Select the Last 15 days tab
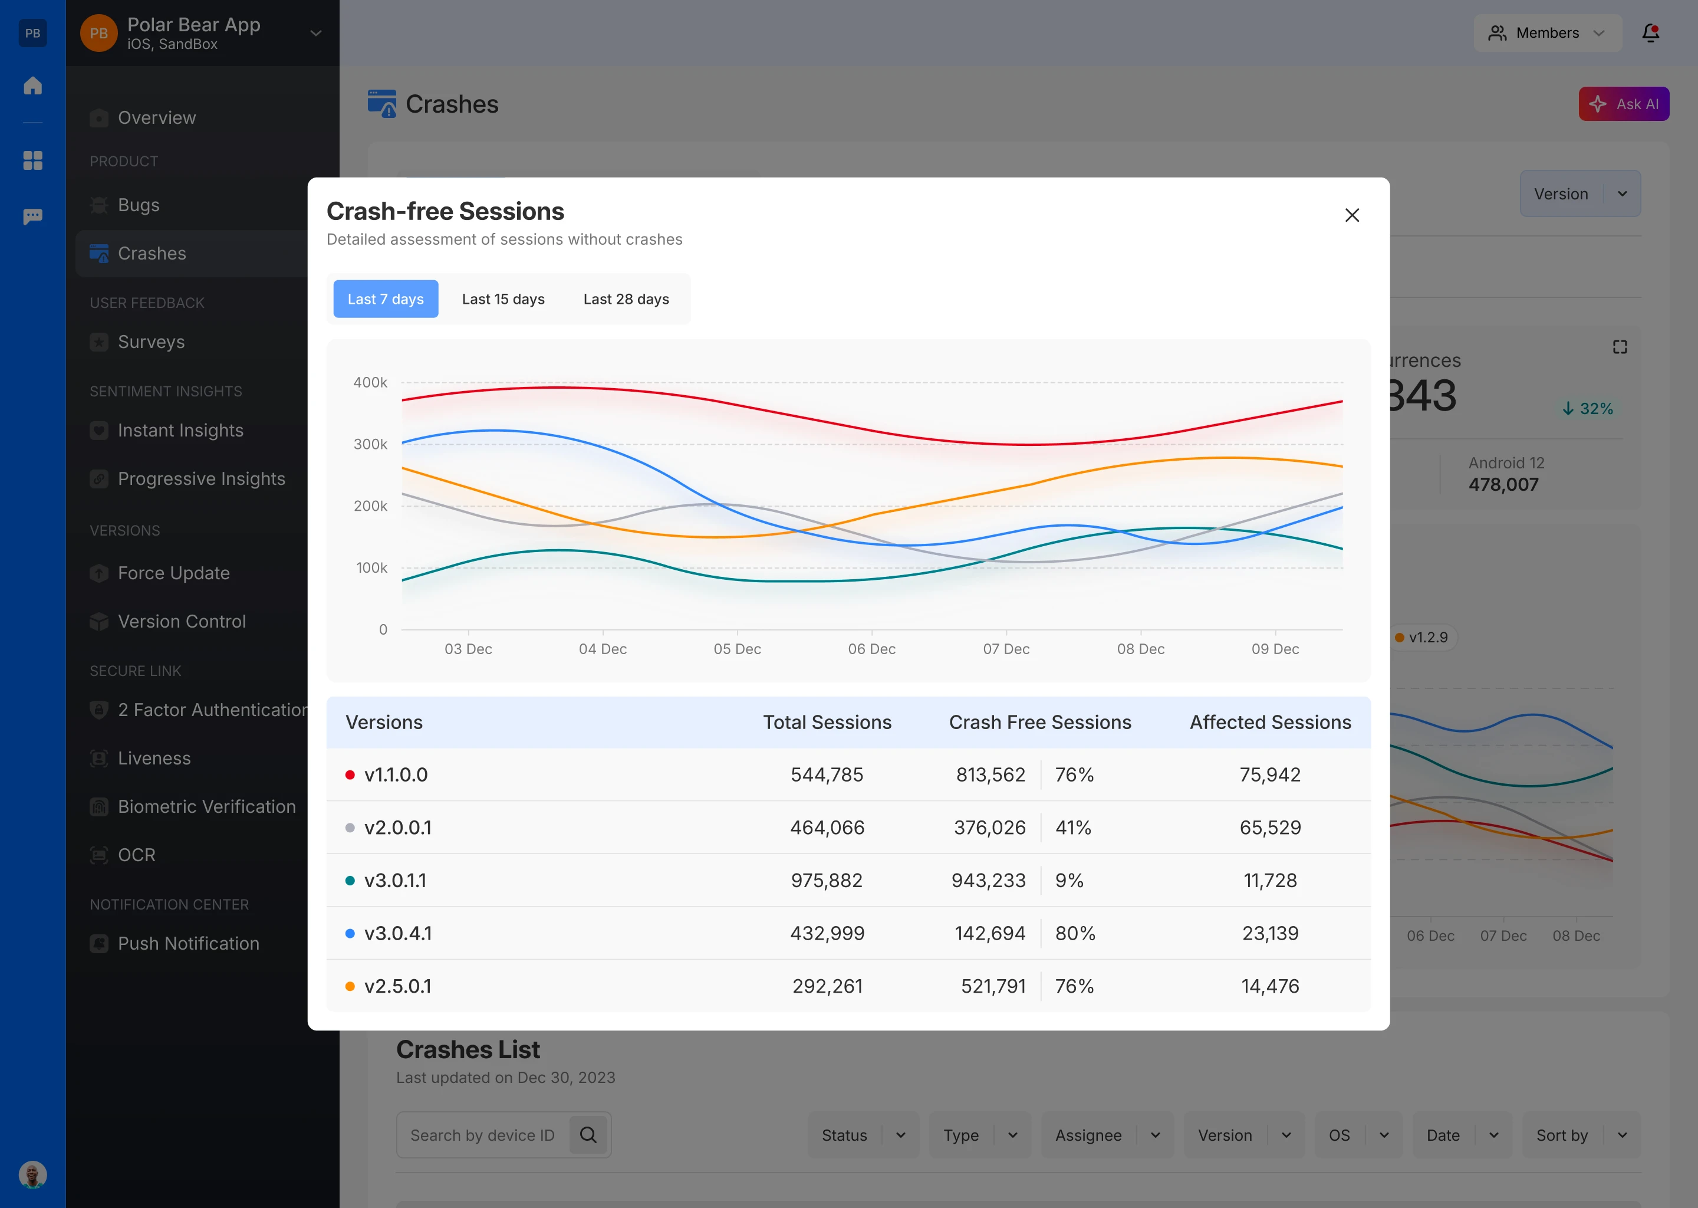pyautogui.click(x=504, y=299)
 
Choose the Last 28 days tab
pyautogui.click(x=626, y=299)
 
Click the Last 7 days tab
pyautogui.click(x=385, y=299)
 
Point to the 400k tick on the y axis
pyautogui.click(x=370, y=382)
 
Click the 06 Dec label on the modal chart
pyautogui.click(x=871, y=649)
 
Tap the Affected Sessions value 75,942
pyautogui.click(x=1270, y=774)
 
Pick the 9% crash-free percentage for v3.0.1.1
pyautogui.click(x=1069, y=880)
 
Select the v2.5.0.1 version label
pyautogui.click(x=398, y=986)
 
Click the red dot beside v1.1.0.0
pyautogui.click(x=350, y=774)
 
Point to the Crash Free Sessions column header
pyautogui.click(x=1039, y=723)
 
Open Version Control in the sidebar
pyautogui.click(x=182, y=621)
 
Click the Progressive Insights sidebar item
pyautogui.click(x=200, y=478)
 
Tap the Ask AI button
pyautogui.click(x=1623, y=104)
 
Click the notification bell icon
pyautogui.click(x=1650, y=32)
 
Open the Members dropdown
pyautogui.click(x=1547, y=32)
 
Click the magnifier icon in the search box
pyautogui.click(x=588, y=1134)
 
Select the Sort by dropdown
pyautogui.click(x=1581, y=1135)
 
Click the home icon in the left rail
pyautogui.click(x=32, y=86)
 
